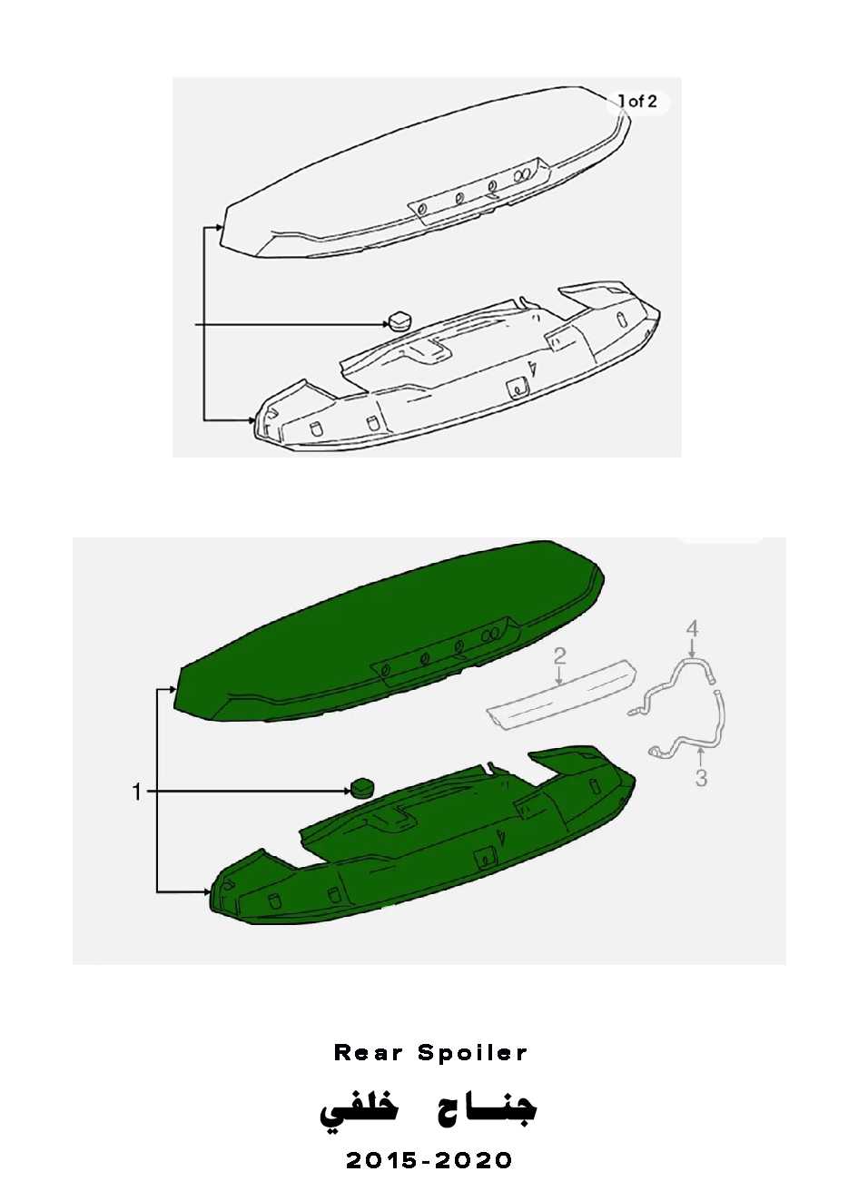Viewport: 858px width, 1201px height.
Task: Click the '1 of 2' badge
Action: coord(637,102)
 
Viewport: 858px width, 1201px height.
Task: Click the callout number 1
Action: coord(138,792)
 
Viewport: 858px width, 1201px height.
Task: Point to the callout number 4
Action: coord(692,628)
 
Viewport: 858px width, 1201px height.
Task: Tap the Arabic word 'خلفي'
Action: coord(359,1108)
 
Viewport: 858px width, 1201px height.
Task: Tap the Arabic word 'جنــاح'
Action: coord(483,1107)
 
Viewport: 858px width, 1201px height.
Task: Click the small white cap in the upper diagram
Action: coord(399,320)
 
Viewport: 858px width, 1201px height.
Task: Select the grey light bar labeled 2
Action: coord(561,692)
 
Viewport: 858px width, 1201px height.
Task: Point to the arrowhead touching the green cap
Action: coord(347,791)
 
